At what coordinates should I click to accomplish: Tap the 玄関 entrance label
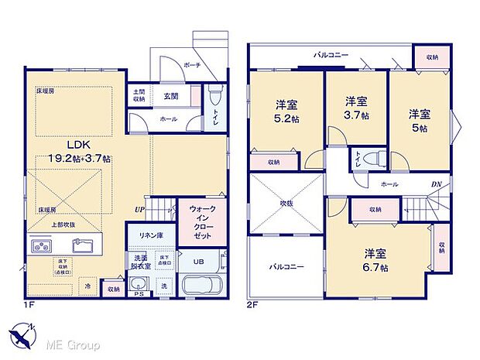[x=171, y=96]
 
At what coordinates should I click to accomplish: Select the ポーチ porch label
[x=194, y=66]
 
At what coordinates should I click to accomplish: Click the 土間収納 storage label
[x=139, y=95]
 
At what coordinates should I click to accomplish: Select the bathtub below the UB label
[x=201, y=285]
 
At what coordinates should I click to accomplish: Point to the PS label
[x=139, y=295]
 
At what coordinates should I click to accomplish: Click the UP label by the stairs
[x=139, y=209]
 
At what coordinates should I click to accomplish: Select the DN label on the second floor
[x=435, y=185]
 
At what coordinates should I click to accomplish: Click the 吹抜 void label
[x=285, y=204]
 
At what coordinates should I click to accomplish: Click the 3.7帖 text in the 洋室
[x=356, y=116]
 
